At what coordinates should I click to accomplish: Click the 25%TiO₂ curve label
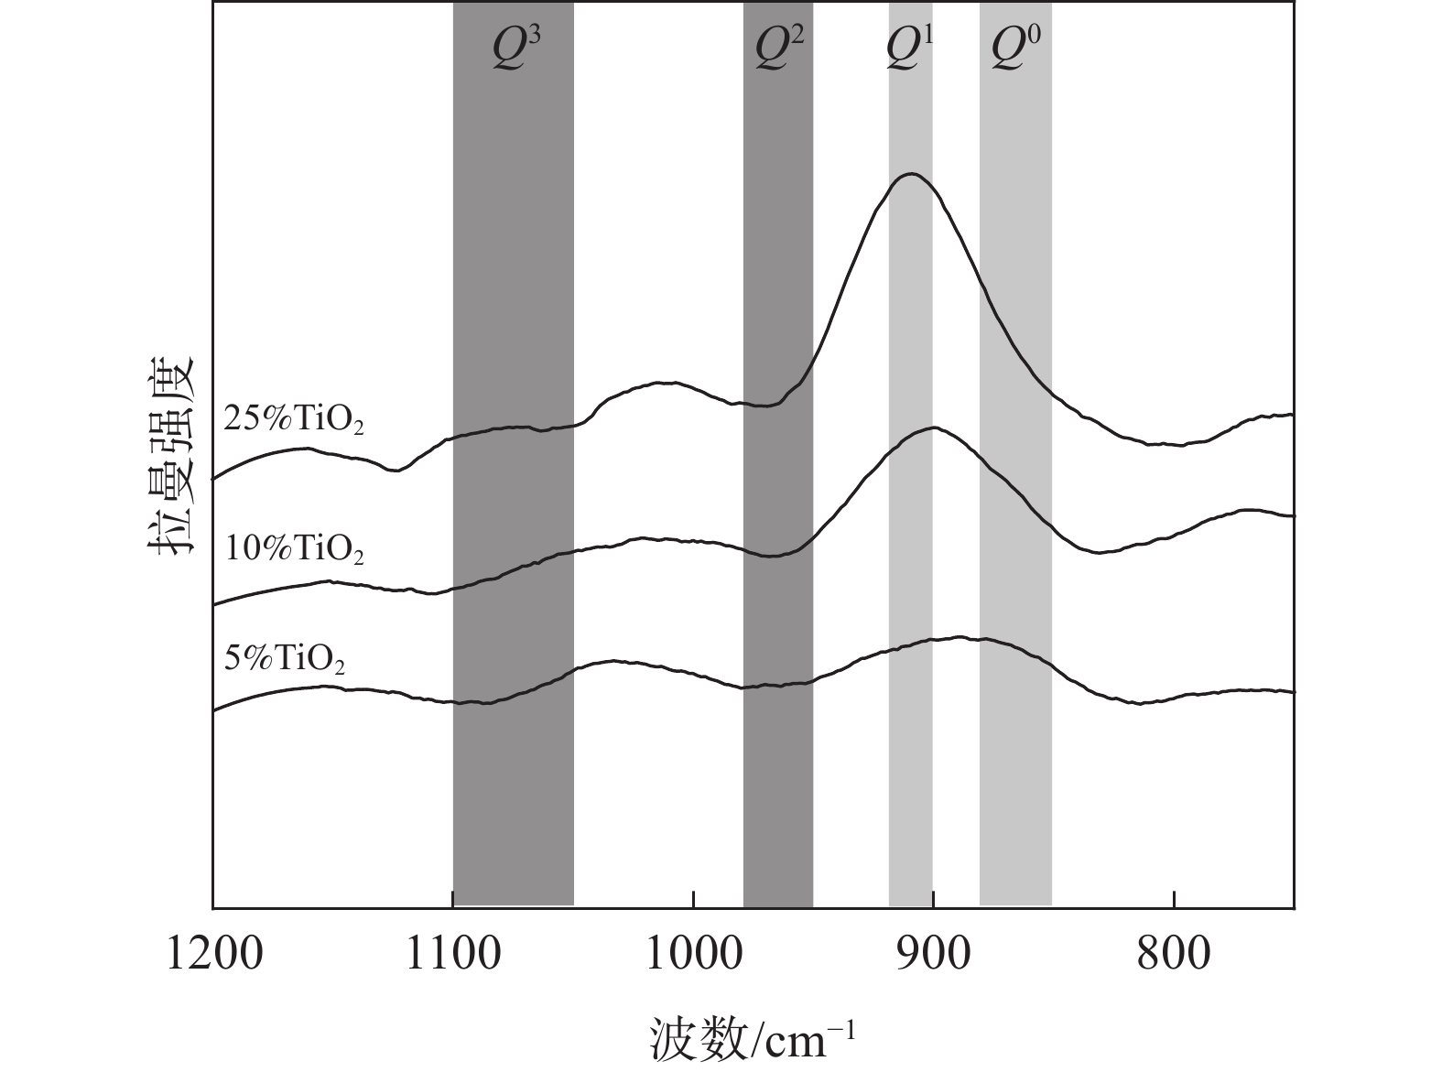click(x=294, y=420)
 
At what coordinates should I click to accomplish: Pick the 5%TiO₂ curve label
click(x=285, y=659)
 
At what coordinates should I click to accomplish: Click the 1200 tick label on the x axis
click(x=213, y=954)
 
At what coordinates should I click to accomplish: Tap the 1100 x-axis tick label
click(x=453, y=954)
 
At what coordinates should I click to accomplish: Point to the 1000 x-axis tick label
click(x=693, y=954)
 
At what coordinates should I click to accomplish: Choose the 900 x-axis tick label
click(x=933, y=954)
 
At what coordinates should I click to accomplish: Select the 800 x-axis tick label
click(x=1174, y=954)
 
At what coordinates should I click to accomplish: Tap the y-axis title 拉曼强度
click(x=172, y=454)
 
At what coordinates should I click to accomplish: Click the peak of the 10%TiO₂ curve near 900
click(x=933, y=427)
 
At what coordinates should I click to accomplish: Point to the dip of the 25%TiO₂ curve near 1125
click(x=395, y=471)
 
